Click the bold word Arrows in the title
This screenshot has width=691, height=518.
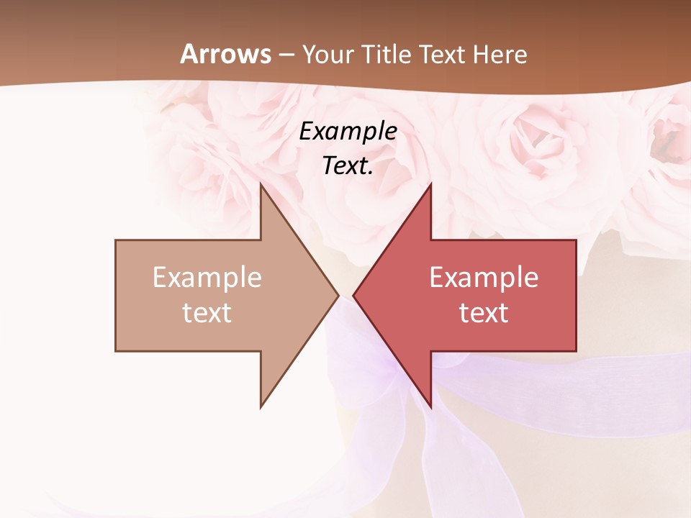(226, 55)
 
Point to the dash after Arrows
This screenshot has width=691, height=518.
(286, 55)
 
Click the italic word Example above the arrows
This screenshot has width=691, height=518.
(348, 132)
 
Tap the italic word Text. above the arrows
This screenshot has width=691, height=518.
(348, 165)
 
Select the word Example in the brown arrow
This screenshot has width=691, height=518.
(207, 278)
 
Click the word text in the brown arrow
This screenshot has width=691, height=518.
(207, 313)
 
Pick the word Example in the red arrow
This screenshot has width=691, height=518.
(484, 278)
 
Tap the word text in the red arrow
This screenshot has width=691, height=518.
(484, 313)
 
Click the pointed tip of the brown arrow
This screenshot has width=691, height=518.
(338, 295)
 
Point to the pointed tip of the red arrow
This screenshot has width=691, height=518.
(353, 295)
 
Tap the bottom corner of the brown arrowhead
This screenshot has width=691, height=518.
(261, 407)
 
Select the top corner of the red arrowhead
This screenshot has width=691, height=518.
(430, 184)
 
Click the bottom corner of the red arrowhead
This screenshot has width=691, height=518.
(430, 407)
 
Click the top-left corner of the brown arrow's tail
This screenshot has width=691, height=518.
(116, 240)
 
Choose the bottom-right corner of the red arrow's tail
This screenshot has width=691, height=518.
(576, 350)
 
